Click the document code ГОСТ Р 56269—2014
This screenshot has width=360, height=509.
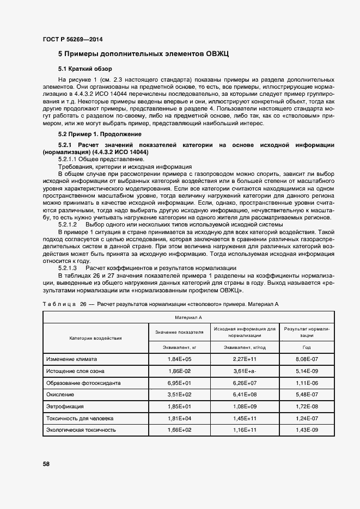(x=72, y=40)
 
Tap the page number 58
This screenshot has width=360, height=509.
(x=46, y=464)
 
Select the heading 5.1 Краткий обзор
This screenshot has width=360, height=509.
(x=85, y=69)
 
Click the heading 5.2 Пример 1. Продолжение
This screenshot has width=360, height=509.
(x=100, y=134)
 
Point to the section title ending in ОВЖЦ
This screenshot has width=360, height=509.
(x=143, y=54)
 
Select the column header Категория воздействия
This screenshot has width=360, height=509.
(x=95, y=338)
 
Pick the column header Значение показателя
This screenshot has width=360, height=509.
(x=179, y=331)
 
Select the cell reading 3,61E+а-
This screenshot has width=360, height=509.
(x=245, y=371)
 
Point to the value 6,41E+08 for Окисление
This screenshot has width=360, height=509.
(x=245, y=395)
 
